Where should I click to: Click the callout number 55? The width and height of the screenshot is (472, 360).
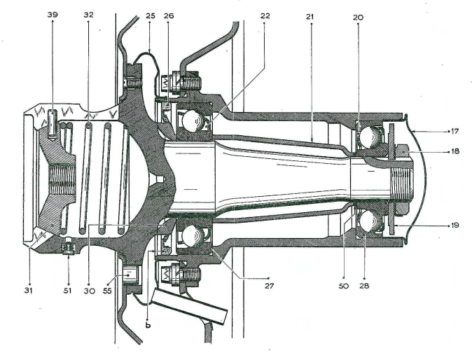(106, 286)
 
